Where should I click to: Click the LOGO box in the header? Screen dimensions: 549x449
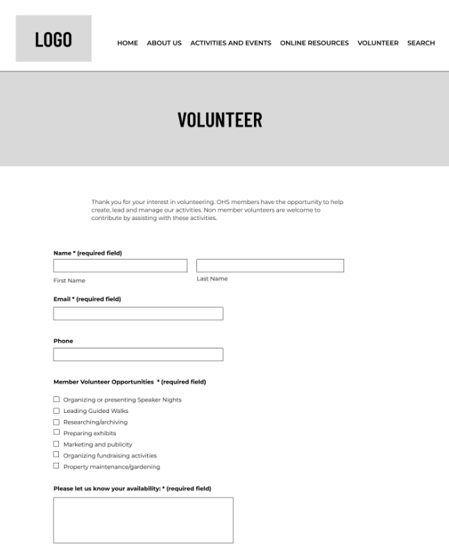tap(53, 39)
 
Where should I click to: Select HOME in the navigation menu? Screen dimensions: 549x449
tap(128, 43)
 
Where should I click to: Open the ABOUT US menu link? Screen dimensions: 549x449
tap(164, 43)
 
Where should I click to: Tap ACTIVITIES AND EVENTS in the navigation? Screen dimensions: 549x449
tap(230, 43)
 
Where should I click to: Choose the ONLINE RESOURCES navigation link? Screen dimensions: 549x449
tap(314, 43)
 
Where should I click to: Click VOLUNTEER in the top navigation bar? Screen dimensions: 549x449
tap(378, 43)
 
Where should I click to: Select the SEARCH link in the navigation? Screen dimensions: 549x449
tap(421, 43)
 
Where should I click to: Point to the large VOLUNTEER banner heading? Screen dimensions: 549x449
tap(220, 120)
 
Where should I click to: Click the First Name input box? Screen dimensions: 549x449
tap(120, 266)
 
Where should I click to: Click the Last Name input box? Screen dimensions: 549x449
tap(270, 266)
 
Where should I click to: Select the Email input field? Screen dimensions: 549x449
tap(138, 314)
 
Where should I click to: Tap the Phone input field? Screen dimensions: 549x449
tap(138, 355)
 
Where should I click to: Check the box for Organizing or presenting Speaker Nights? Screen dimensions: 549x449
tap(56, 399)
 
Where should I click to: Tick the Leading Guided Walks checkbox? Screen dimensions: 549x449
tap(56, 410)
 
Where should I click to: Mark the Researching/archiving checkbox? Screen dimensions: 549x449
tap(56, 421)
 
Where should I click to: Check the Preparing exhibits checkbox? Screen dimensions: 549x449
tap(56, 432)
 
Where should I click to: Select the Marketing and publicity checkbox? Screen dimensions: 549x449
tap(56, 444)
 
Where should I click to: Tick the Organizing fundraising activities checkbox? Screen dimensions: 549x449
tap(56, 455)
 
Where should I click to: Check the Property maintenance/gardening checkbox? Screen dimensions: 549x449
tap(56, 466)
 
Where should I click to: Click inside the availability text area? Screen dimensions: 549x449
tap(143, 520)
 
